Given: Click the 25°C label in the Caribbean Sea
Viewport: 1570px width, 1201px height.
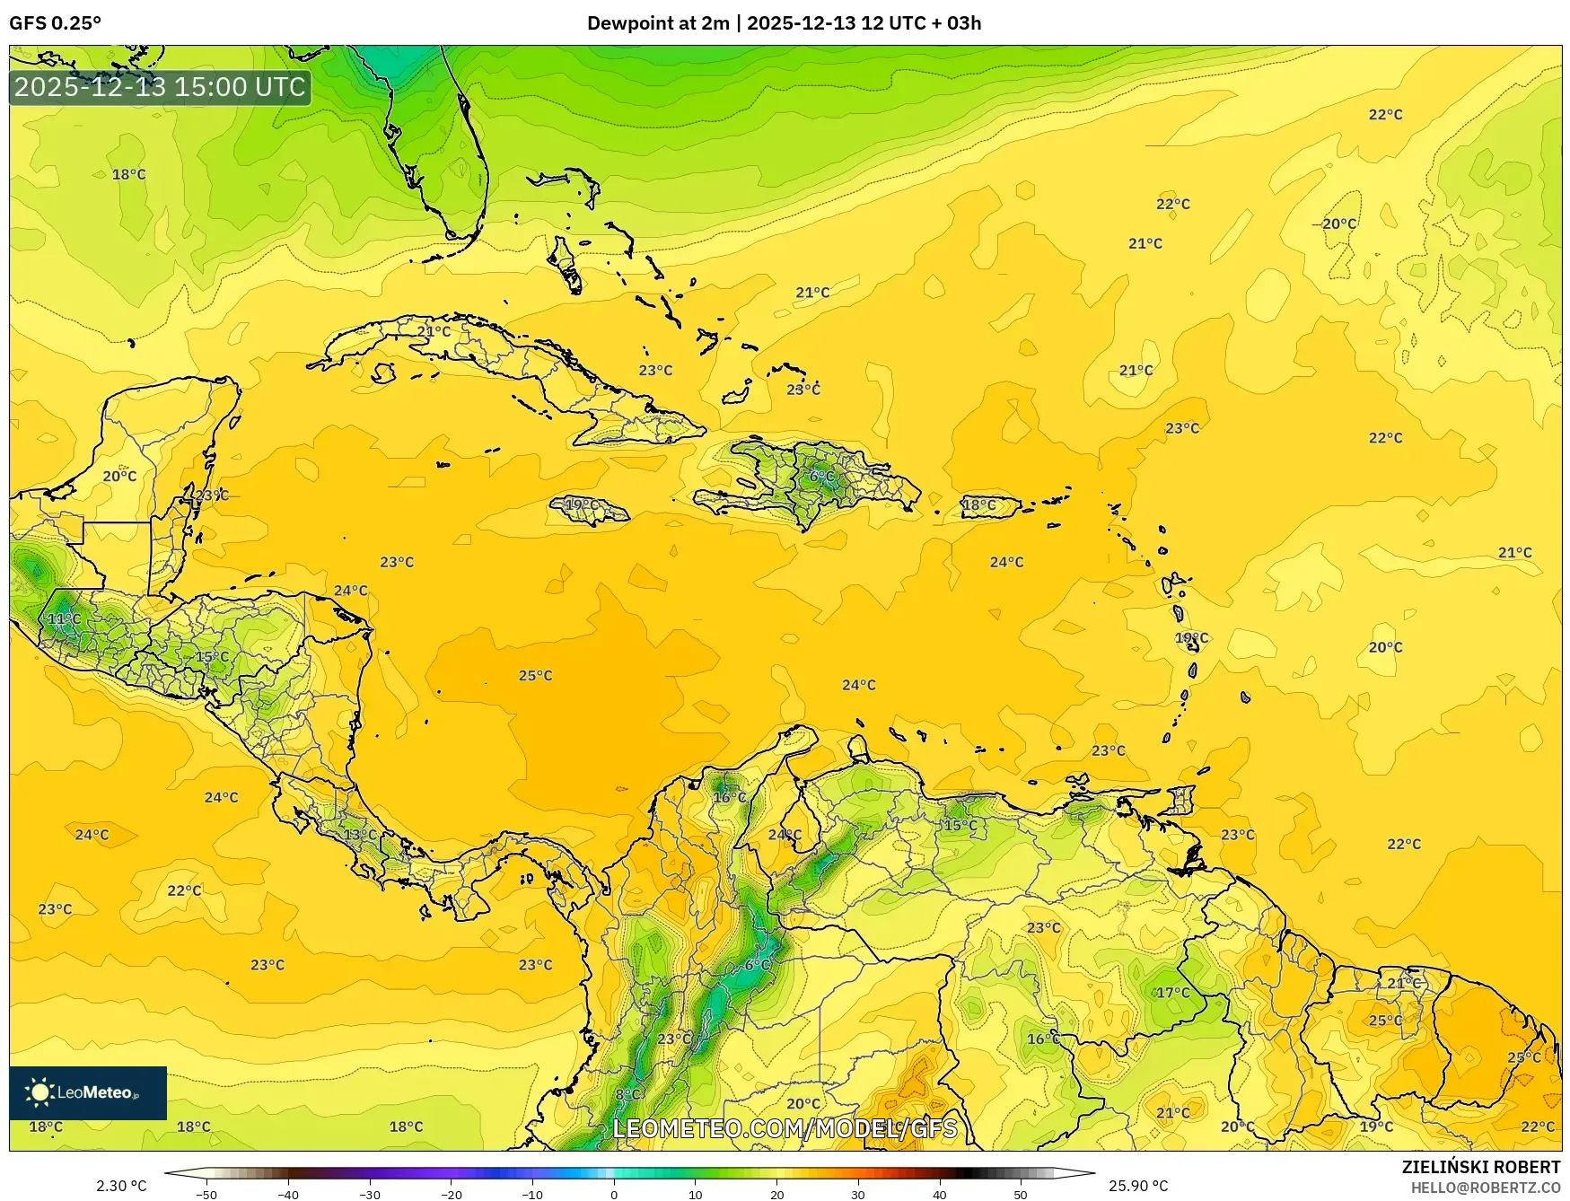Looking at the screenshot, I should tap(535, 676).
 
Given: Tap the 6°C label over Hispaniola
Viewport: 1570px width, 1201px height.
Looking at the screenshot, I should tap(821, 477).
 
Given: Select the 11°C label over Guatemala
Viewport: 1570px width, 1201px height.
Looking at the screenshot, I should tap(64, 619).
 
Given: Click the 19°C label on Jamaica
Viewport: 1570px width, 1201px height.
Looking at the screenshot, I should tap(581, 505).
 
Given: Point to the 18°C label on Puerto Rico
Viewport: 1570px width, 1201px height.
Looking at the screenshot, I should tap(978, 505).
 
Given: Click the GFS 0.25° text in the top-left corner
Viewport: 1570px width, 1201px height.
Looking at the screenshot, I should tap(55, 23).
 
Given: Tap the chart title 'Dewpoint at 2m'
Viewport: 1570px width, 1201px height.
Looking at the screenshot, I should tap(657, 23).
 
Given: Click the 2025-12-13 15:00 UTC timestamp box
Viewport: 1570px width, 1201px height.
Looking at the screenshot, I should tap(160, 87).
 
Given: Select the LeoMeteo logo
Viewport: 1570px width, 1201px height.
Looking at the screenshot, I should tap(88, 1092).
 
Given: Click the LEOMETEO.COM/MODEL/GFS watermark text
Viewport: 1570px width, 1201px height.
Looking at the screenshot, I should tap(785, 1128).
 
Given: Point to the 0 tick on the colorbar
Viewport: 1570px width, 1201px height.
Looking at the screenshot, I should tap(614, 1194).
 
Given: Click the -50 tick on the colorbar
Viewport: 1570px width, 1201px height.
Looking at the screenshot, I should tap(206, 1194).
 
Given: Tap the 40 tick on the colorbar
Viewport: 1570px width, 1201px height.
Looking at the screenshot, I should tap(939, 1194).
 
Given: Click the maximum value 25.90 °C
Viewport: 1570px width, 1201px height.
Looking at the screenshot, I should tap(1137, 1186).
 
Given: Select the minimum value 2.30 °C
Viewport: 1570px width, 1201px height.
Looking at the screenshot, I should tap(121, 1186).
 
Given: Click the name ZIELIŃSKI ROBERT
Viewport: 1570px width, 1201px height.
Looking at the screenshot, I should tap(1480, 1167).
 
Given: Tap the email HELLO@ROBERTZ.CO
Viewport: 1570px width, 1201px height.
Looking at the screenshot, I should tap(1485, 1188).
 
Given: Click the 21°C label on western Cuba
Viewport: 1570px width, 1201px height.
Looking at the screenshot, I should tap(434, 331).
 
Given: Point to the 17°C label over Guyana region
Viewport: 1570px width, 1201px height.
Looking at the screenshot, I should tap(1172, 993).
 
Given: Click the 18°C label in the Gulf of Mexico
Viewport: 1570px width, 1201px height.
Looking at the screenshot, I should tap(128, 174).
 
